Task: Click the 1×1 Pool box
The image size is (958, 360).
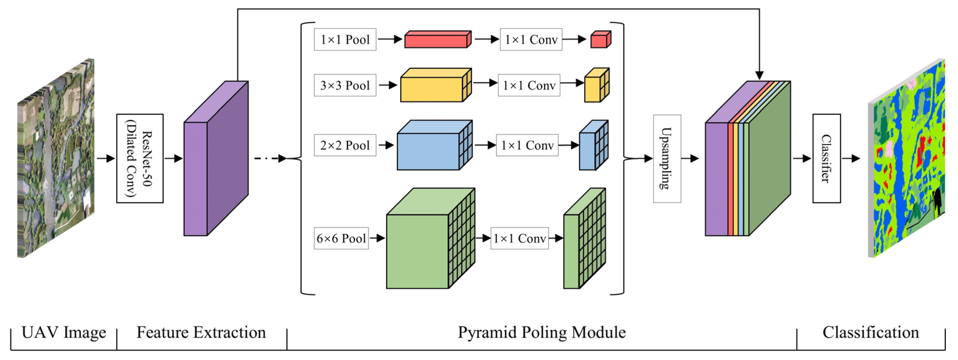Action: [x=345, y=39]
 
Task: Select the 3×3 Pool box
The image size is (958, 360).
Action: [x=345, y=85]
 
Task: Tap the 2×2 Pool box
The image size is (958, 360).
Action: [x=345, y=145]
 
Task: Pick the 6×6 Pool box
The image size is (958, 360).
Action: [x=341, y=238]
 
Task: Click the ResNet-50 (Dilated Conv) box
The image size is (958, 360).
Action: [x=140, y=158]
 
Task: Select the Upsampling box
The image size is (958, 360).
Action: [x=667, y=158]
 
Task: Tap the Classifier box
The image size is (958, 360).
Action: [x=826, y=158]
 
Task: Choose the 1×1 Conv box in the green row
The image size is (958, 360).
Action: [x=519, y=238]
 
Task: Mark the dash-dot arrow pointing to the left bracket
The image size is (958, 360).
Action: [x=270, y=158]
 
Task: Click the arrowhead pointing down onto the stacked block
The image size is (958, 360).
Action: [x=759, y=76]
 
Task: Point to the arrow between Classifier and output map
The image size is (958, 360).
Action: [x=851, y=158]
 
